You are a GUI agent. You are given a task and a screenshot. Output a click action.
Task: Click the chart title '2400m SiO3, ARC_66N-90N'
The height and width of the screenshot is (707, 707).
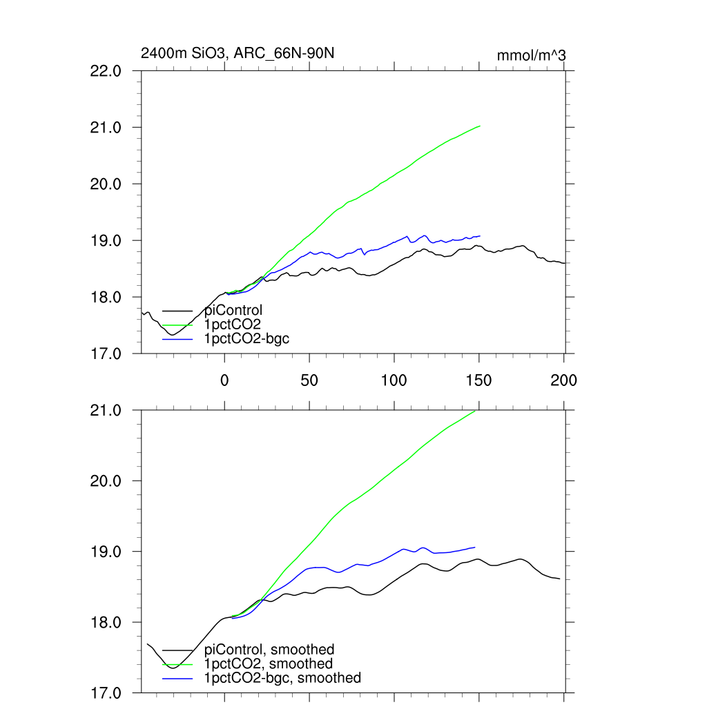[x=238, y=54]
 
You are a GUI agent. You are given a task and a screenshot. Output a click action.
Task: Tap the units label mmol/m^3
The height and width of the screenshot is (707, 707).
[x=532, y=55]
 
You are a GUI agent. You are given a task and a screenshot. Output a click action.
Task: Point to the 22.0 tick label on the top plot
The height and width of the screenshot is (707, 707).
[x=106, y=71]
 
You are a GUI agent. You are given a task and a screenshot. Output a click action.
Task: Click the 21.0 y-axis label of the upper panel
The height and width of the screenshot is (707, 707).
[x=106, y=128]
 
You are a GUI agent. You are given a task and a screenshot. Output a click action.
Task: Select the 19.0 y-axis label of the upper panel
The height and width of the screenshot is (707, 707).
[x=106, y=241]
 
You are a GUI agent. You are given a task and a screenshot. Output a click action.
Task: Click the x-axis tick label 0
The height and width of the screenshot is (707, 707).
[x=224, y=380]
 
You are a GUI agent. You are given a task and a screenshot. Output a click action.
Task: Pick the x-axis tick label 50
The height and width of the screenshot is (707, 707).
[x=309, y=380]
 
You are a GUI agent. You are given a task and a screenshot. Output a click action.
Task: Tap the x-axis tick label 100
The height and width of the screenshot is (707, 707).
[x=394, y=380]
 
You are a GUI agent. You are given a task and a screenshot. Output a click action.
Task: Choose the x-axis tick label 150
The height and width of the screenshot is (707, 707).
[x=479, y=380]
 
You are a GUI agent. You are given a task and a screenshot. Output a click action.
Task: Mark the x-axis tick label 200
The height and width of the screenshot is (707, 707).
[x=564, y=380]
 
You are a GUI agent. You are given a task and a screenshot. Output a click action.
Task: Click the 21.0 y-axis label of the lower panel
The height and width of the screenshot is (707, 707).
[x=106, y=411]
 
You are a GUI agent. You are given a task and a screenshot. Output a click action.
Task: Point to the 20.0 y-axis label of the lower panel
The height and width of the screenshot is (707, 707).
[x=106, y=481]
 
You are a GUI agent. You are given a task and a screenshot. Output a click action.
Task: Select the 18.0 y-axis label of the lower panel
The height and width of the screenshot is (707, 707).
[x=106, y=623]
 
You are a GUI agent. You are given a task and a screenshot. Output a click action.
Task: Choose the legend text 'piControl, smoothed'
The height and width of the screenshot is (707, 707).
[x=269, y=650]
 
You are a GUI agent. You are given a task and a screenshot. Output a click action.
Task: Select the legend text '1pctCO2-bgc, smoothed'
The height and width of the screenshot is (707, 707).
[x=282, y=678]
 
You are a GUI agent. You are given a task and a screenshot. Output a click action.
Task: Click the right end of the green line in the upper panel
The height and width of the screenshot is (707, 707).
[x=480, y=126]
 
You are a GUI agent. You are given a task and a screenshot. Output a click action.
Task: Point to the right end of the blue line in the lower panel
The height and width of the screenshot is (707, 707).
[x=475, y=548]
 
